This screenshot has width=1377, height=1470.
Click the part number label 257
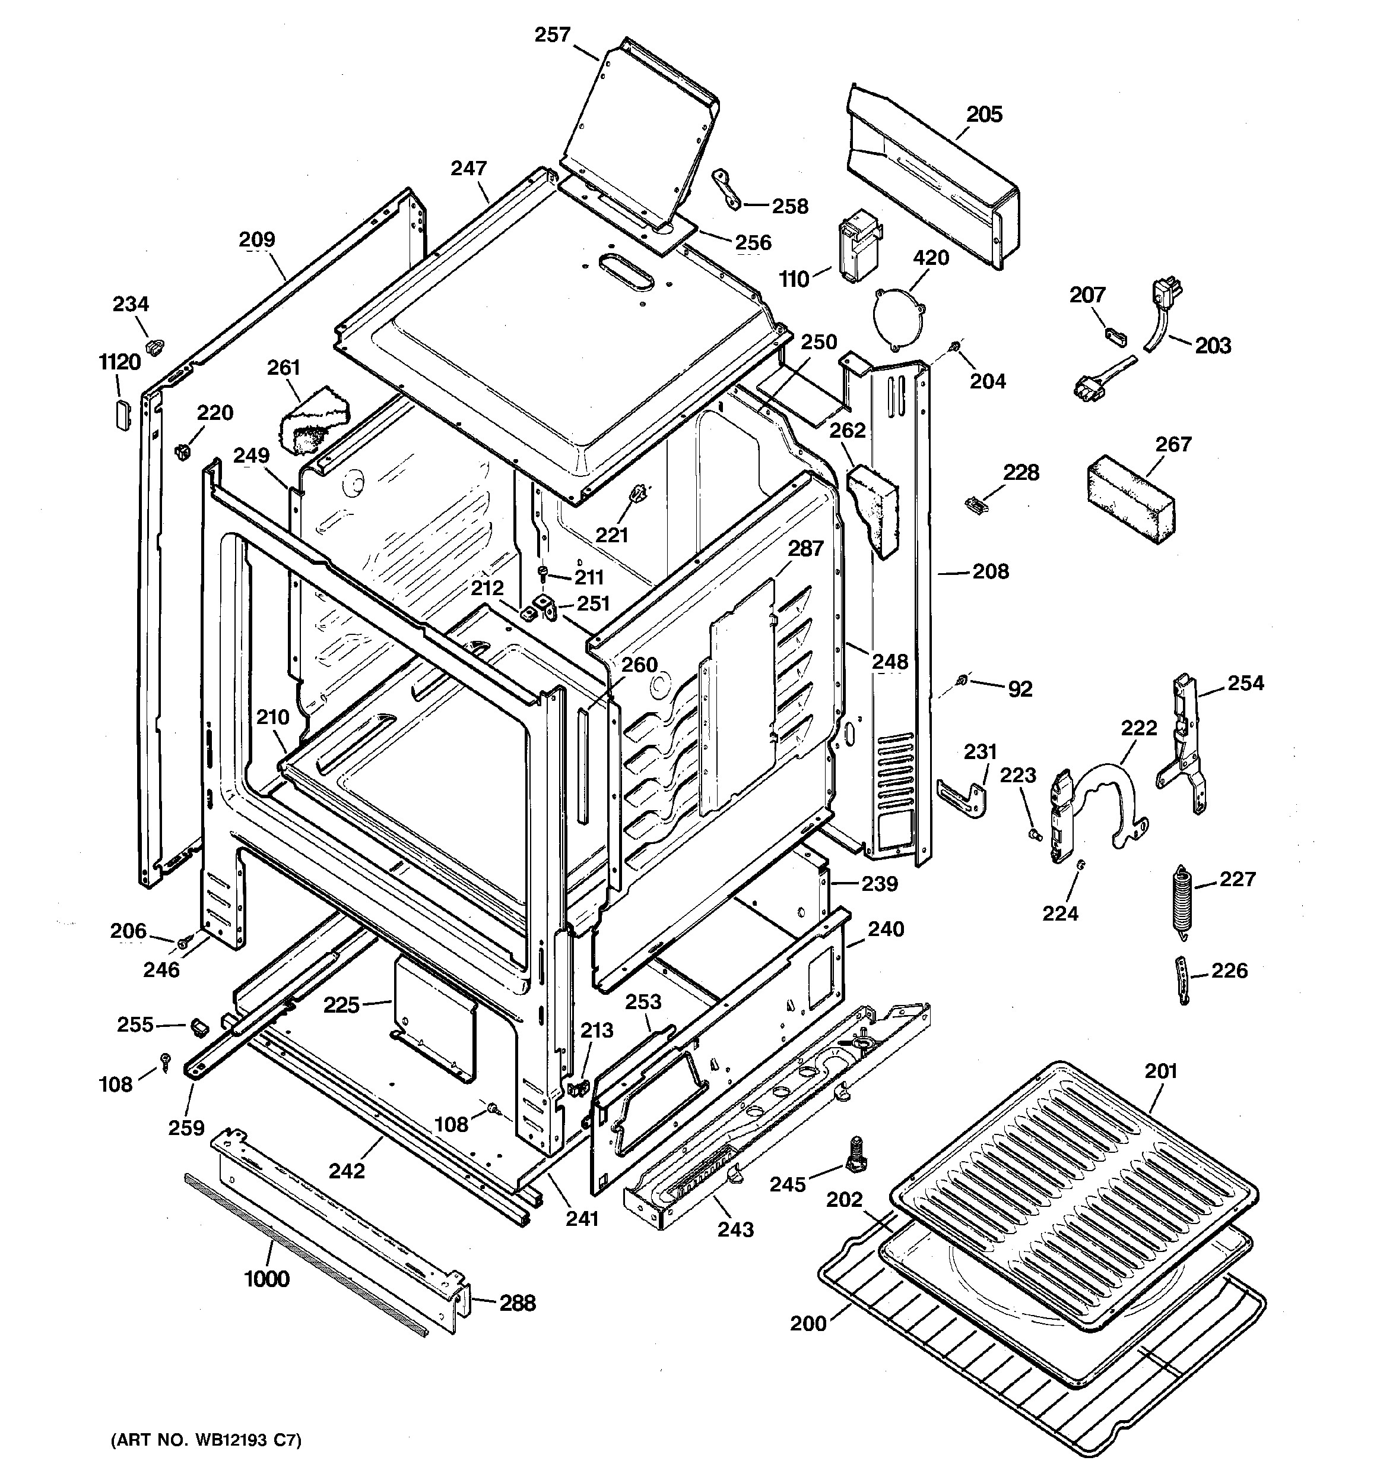552,35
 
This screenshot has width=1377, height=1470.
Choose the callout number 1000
267,1279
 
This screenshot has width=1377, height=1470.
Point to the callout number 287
805,548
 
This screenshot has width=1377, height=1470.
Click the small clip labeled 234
156,345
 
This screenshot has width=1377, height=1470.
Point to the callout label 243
735,1229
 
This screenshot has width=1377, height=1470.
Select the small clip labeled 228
976,504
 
